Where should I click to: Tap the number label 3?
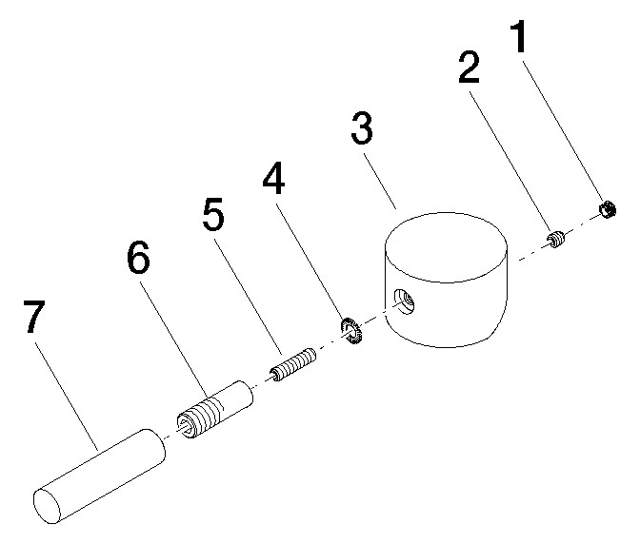[x=361, y=131]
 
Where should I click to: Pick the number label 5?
[x=213, y=217]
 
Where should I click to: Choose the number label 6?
[x=137, y=260]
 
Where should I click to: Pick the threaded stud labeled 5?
[x=295, y=364]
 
